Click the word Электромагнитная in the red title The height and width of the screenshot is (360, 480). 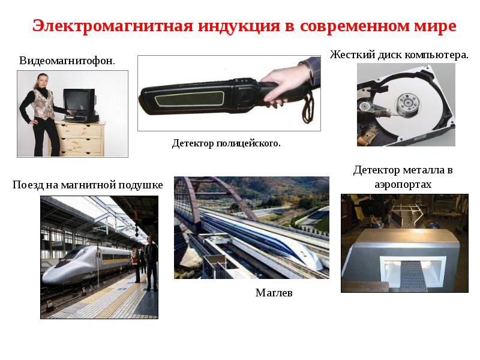[x=113, y=26]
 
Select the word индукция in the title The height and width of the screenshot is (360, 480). [x=239, y=26]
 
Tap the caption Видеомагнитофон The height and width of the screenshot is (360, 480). [x=67, y=61]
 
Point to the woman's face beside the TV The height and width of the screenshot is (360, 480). [x=42, y=80]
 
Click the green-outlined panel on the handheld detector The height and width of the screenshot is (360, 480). [x=189, y=99]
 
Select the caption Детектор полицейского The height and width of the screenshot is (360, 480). [x=226, y=143]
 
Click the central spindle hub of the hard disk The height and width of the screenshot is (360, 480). [x=407, y=102]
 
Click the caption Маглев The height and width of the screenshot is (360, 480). [x=274, y=293]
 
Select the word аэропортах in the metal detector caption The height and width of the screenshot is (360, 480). [x=403, y=184]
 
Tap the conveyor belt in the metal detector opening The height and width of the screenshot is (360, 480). [x=413, y=276]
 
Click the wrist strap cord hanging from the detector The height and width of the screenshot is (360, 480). [x=308, y=106]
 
